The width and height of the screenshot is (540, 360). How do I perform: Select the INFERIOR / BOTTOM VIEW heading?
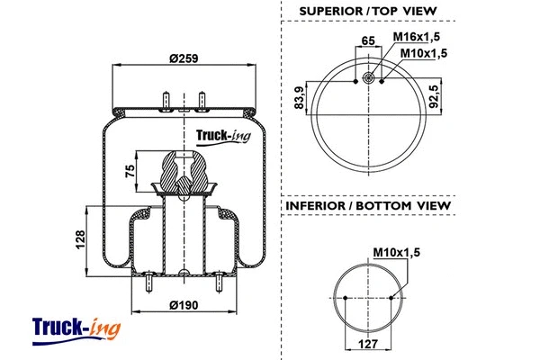368,206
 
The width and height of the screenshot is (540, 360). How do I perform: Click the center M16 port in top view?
368,81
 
